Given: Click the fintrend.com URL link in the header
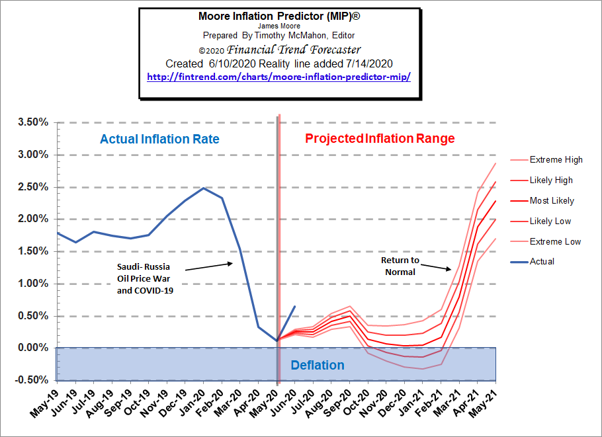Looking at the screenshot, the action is [279, 77].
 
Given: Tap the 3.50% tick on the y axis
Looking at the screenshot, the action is [32, 123].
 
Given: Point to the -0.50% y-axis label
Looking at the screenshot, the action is [30, 380].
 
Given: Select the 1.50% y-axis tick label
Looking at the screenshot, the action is [32, 252].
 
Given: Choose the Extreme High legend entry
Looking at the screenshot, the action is [556, 160].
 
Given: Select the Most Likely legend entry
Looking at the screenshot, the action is [552, 201].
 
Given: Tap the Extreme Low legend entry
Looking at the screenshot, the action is [555, 242].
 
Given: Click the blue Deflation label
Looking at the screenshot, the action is [318, 366].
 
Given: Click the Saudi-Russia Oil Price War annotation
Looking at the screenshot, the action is [144, 277].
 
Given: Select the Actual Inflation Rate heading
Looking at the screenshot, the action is [159, 139].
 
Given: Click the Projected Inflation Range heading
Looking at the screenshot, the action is [380, 139].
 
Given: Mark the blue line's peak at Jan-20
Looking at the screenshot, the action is [204, 188].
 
